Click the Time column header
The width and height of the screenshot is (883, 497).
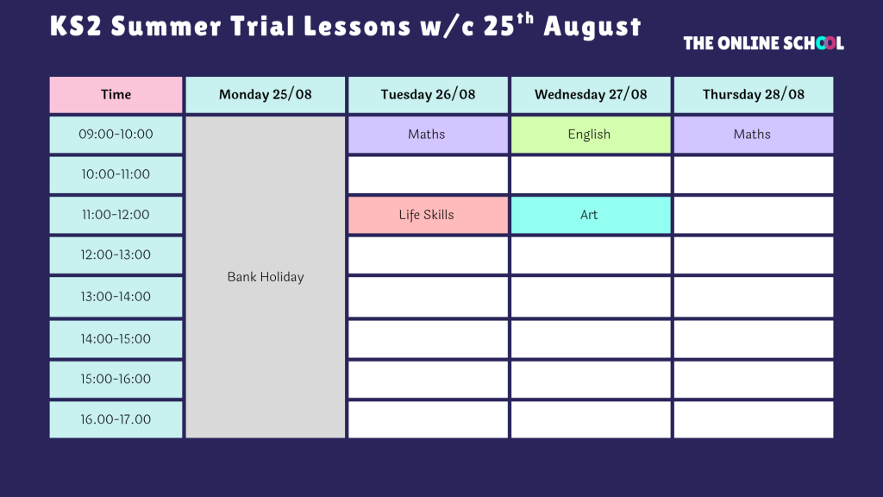[x=116, y=95]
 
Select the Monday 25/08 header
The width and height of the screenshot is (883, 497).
[x=266, y=95]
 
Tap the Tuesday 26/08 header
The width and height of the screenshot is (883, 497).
[x=428, y=95]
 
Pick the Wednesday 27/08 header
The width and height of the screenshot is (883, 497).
[x=591, y=95]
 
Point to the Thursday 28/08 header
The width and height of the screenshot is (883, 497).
[x=754, y=95]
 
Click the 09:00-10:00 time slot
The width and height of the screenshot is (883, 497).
[x=116, y=135]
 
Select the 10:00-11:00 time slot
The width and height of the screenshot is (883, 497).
[x=116, y=174]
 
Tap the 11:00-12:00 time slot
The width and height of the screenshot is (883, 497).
[x=116, y=215]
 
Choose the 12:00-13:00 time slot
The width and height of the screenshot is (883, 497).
[x=116, y=255]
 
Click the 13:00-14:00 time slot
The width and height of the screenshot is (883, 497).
[x=116, y=297]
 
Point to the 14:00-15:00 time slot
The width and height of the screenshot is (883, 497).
[x=116, y=339]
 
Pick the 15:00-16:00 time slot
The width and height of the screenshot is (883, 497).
[x=116, y=380]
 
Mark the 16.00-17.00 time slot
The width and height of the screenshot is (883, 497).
[x=116, y=420]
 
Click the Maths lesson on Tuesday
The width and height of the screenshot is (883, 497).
[x=428, y=135]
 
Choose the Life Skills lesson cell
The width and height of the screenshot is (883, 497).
[x=428, y=215]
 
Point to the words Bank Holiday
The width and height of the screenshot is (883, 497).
[x=266, y=277]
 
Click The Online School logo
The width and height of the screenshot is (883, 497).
[x=764, y=43]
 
